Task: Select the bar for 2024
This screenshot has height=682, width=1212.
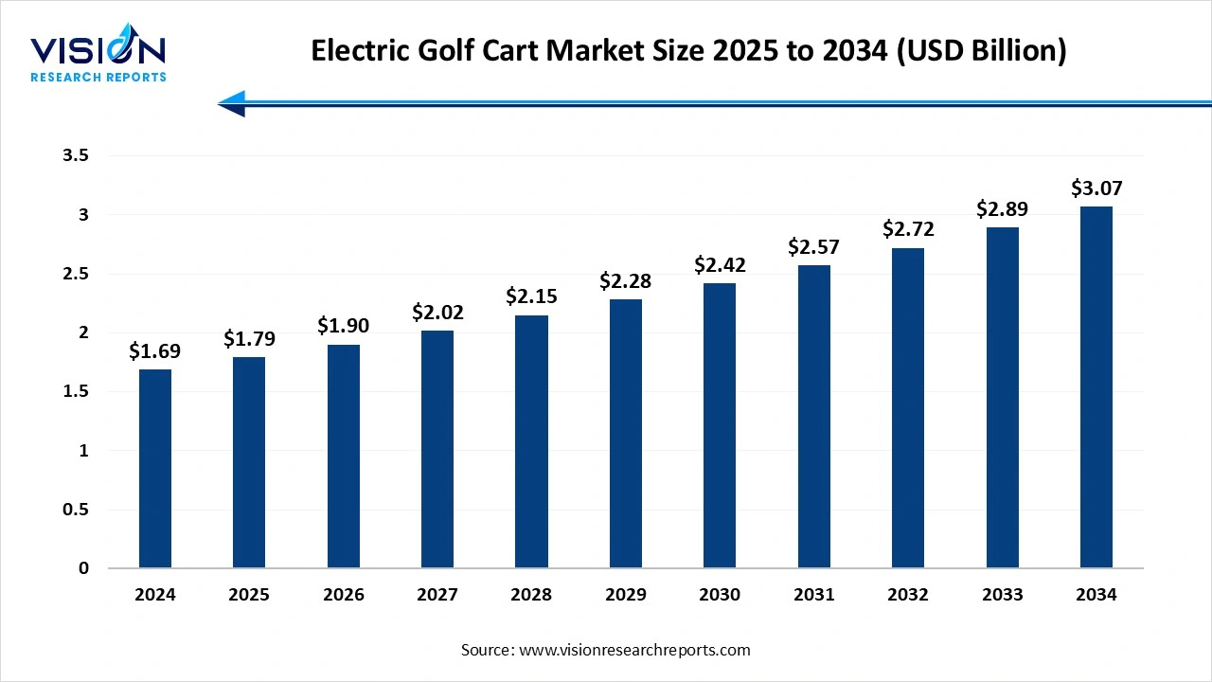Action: pyautogui.click(x=155, y=469)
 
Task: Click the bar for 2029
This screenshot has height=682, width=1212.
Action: pyautogui.click(x=626, y=434)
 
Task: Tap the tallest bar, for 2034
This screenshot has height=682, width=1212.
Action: pyautogui.click(x=1096, y=387)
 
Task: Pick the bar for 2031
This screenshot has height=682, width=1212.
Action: pyautogui.click(x=814, y=417)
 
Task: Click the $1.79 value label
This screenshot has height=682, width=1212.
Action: pyautogui.click(x=249, y=338)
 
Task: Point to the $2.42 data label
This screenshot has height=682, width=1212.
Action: pyautogui.click(x=720, y=263)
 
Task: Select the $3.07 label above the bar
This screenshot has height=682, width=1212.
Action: pyautogui.click(x=1096, y=188)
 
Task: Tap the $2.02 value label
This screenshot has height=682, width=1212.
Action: pyautogui.click(x=437, y=311)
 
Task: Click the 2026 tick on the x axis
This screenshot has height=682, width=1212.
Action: pyautogui.click(x=343, y=595)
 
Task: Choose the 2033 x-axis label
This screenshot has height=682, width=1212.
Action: pyautogui.click(x=1002, y=595)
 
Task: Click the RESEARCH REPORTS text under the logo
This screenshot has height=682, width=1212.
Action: pyautogui.click(x=98, y=77)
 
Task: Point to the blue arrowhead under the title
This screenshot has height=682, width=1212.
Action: pyautogui.click(x=232, y=103)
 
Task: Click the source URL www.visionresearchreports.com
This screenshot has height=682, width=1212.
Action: pyautogui.click(x=633, y=650)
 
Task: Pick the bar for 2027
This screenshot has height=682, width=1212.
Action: pyautogui.click(x=437, y=449)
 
